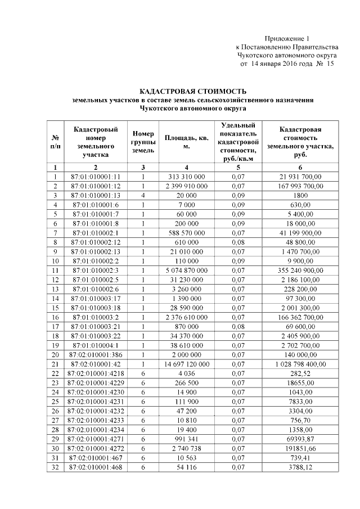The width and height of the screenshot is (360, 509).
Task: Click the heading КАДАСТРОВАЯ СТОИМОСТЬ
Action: [193, 91]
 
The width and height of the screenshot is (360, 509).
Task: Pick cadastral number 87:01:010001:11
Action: [96, 177]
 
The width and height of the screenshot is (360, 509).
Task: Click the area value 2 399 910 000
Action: [187, 186]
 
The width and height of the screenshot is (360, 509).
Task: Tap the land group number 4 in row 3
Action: [143, 195]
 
